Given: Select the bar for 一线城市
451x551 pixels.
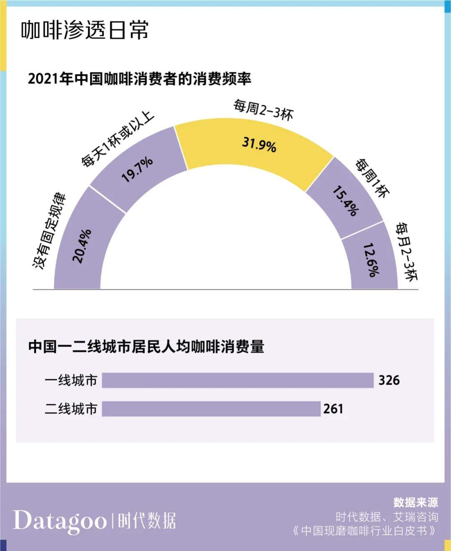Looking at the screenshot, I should (238, 380).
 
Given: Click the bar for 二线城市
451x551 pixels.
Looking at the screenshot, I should (211, 409).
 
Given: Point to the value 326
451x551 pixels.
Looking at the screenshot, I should (389, 380).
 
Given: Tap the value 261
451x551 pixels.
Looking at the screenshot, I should (333, 409).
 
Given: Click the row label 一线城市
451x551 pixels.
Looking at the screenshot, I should (71, 380).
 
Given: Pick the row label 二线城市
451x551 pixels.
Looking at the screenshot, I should (71, 409).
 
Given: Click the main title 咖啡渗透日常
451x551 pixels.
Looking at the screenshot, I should (85, 30).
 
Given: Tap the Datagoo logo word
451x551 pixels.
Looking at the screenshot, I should (60, 521).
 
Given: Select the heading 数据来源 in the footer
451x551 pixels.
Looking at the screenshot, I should (416, 502).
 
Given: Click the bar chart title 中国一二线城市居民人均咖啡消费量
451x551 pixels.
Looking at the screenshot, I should (146, 347).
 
